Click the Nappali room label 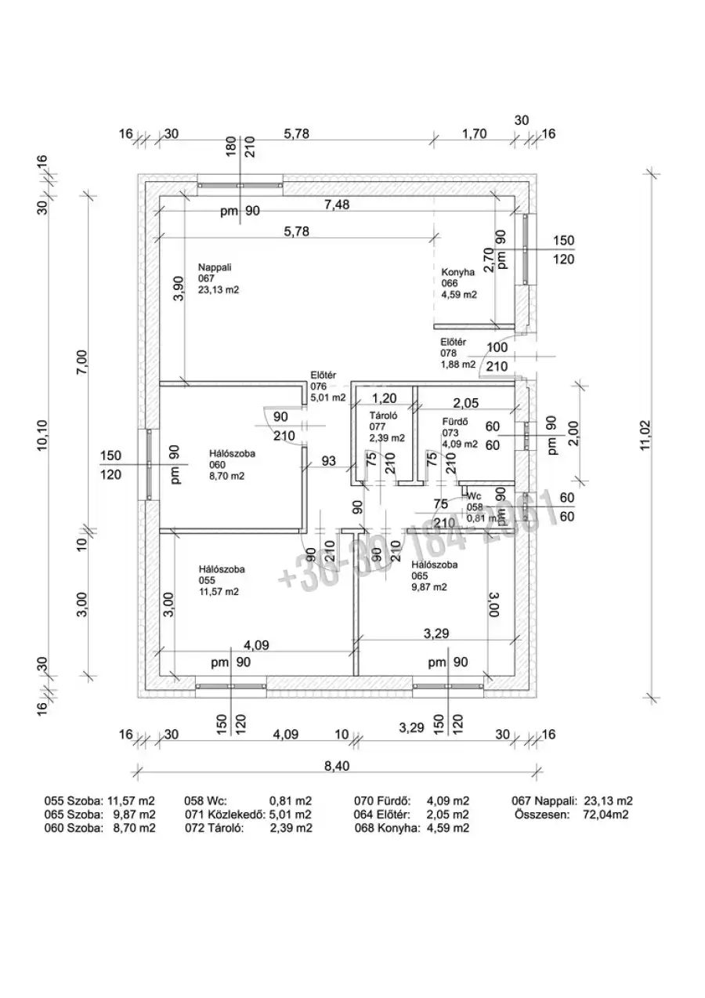click(x=211, y=267)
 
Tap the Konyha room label click(x=458, y=272)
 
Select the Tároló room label click(x=383, y=416)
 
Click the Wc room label click(x=473, y=496)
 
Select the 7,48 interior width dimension click(x=338, y=205)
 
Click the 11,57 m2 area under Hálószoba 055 click(x=219, y=592)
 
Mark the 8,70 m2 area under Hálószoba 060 click(x=223, y=475)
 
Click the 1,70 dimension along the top click(x=475, y=133)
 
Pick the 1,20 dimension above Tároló click(x=383, y=397)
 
